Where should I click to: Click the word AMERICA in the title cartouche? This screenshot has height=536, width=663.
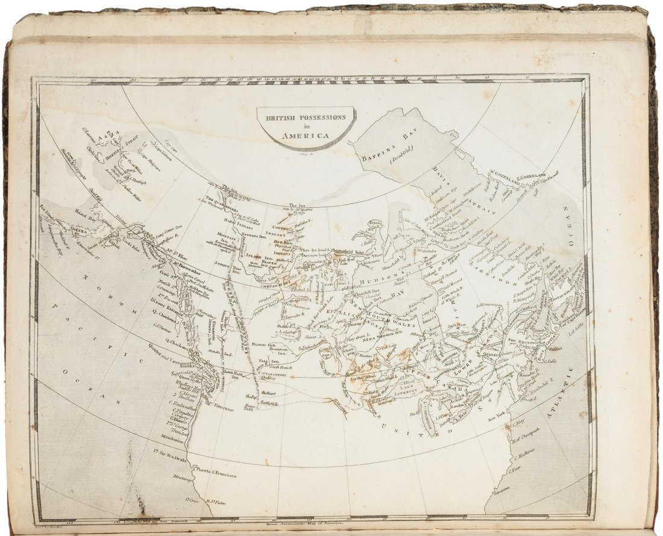point(308,136)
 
